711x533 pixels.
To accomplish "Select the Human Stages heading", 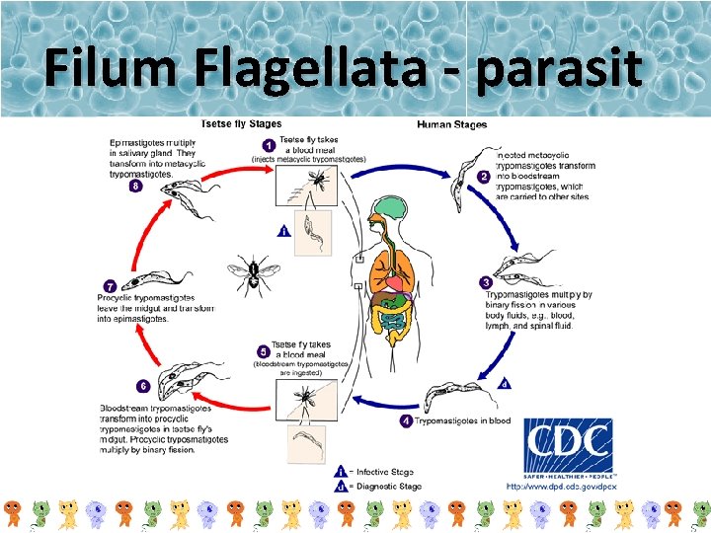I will tap(451, 124).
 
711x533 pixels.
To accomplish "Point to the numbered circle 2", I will tap(484, 177).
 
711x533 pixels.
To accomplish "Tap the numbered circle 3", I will tap(485, 283).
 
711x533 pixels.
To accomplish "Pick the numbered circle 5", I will tap(263, 350).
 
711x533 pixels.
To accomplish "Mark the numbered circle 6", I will tap(144, 386).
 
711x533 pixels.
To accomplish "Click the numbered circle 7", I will tap(111, 285).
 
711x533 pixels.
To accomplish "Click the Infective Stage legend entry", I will tap(384, 471).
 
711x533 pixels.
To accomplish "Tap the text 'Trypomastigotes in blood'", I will tap(463, 421).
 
